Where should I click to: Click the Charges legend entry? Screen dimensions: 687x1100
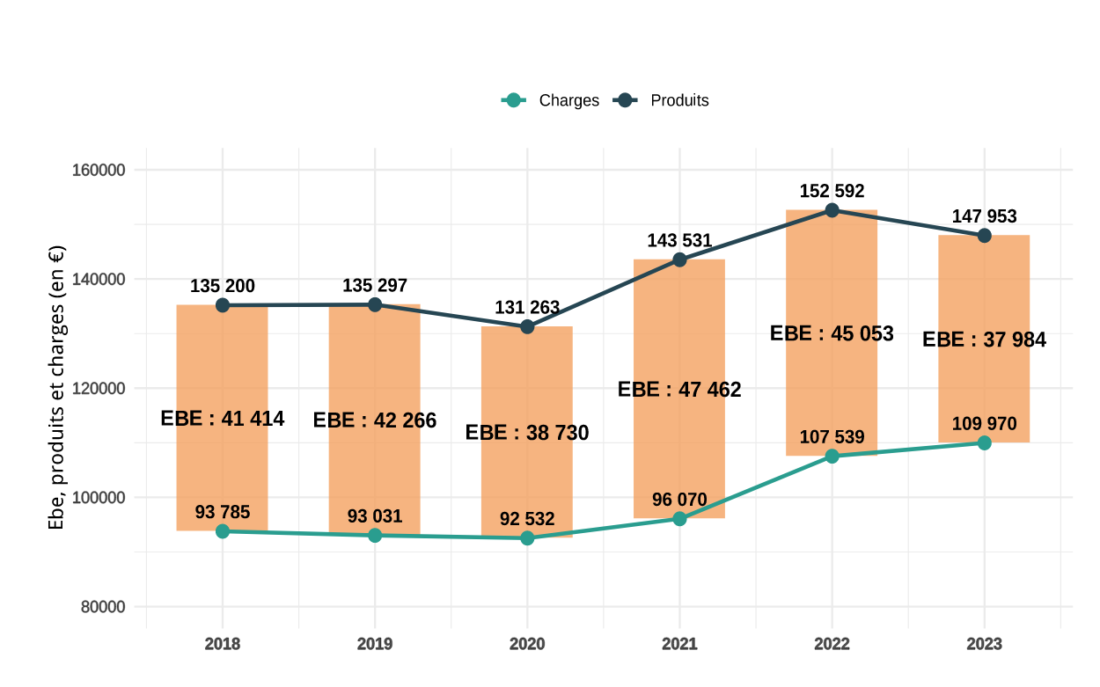point(551,100)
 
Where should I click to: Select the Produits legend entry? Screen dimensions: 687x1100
point(662,100)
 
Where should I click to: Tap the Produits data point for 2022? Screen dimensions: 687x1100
point(832,210)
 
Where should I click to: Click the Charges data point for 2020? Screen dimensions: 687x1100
point(527,537)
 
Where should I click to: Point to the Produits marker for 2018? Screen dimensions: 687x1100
point(223,305)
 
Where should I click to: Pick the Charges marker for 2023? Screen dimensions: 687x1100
point(984,442)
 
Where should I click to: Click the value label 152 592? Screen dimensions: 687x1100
point(832,191)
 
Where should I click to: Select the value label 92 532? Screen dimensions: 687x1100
point(527,519)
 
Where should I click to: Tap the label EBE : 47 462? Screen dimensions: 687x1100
point(679,390)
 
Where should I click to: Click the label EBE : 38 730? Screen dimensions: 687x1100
point(527,433)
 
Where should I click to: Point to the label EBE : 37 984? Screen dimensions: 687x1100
point(984,340)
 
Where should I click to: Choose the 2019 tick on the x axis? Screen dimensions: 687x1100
point(375,644)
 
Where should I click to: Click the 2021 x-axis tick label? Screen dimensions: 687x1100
point(679,644)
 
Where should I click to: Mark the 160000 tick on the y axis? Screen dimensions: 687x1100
point(99,170)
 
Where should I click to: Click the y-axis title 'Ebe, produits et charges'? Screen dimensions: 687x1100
point(56,387)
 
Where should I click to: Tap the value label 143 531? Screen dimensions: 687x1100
point(679,240)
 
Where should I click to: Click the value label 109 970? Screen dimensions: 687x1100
point(984,424)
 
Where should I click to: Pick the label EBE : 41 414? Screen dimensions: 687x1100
point(223,419)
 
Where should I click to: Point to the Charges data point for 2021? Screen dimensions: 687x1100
point(679,518)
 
